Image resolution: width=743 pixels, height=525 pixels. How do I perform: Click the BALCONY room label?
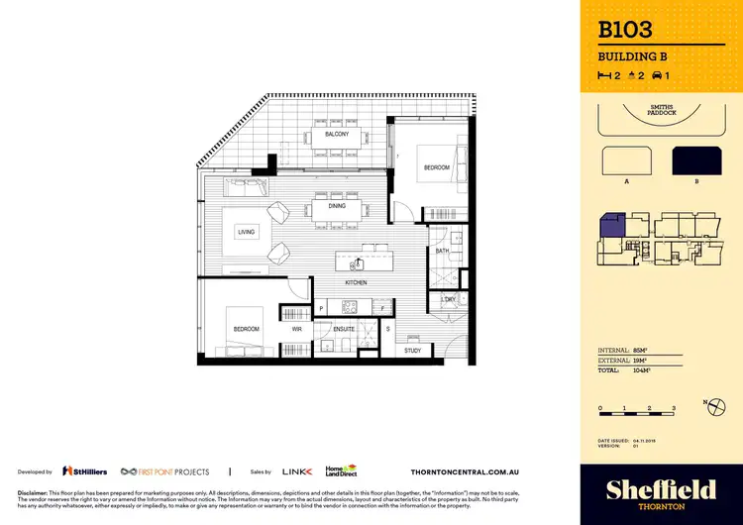pyautogui.click(x=337, y=134)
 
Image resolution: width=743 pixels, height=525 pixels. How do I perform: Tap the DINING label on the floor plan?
pyautogui.click(x=337, y=206)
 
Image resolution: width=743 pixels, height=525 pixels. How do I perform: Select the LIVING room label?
pyautogui.click(x=246, y=232)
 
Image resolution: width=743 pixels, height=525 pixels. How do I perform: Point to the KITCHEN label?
pyautogui.click(x=357, y=282)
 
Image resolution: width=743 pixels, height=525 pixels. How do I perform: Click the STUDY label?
pyautogui.click(x=413, y=350)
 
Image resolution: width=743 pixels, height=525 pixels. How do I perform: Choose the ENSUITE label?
pyautogui.click(x=345, y=328)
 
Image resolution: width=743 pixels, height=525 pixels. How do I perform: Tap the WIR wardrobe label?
pyautogui.click(x=296, y=328)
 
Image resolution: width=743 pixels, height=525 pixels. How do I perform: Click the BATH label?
pyautogui.click(x=443, y=252)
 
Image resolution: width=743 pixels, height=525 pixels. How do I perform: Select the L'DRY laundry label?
pyautogui.click(x=448, y=299)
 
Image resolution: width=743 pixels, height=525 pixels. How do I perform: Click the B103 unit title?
pyautogui.click(x=626, y=31)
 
